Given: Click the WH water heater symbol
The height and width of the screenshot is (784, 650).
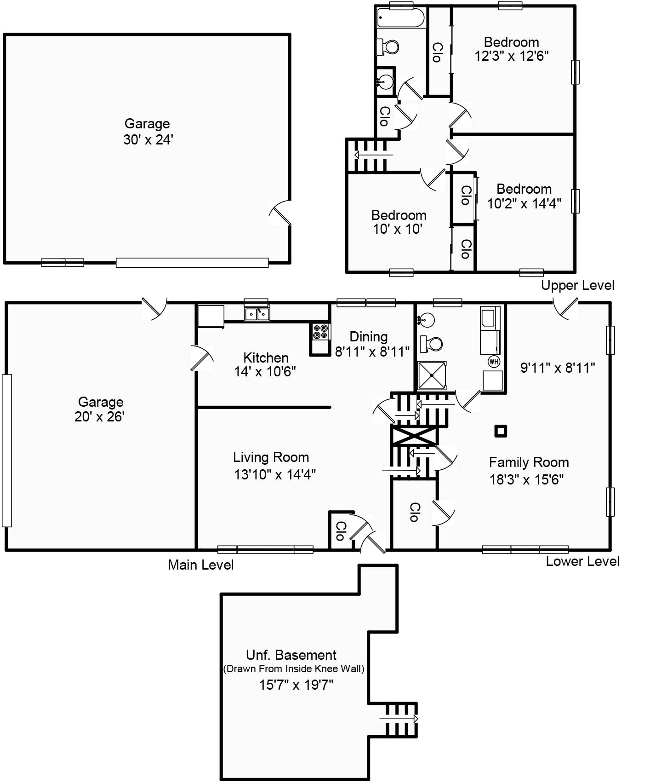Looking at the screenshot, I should (494, 361).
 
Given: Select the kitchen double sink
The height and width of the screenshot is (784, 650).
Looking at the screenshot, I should (257, 314).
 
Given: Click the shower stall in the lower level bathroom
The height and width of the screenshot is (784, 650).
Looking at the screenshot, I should (432, 375).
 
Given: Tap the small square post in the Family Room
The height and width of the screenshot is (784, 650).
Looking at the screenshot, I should (500, 431).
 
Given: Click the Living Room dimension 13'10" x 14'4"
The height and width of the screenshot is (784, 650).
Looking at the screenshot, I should (274, 474).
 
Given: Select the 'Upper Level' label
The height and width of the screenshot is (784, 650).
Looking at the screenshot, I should (577, 285).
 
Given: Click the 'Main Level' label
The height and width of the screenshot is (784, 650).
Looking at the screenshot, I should (200, 565).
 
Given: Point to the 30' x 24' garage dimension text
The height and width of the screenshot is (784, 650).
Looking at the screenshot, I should (148, 140).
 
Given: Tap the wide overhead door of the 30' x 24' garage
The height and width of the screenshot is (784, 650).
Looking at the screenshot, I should (192, 263).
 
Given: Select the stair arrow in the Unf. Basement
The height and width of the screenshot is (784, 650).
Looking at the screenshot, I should (399, 719).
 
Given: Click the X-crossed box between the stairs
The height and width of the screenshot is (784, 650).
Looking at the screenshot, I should (414, 435).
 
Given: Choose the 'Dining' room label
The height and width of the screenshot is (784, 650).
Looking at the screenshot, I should (368, 337).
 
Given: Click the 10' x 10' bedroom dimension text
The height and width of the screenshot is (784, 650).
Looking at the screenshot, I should (398, 229).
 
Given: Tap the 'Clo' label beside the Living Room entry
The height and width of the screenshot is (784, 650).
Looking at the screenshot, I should (340, 531).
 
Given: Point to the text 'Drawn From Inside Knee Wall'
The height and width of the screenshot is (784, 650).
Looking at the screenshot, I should (293, 669).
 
